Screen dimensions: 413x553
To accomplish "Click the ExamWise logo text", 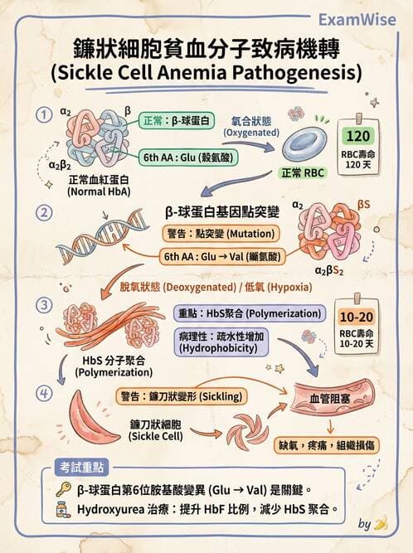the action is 357,19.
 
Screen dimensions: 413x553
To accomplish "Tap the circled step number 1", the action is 44,116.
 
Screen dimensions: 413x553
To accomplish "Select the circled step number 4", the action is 44,393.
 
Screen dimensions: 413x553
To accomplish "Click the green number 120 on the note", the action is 358,136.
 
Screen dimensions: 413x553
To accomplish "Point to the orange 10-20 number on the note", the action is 357,317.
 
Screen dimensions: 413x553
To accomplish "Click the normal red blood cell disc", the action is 304,143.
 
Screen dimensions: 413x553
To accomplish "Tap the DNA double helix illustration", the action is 102,236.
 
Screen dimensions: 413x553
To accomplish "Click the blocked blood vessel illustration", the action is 332,398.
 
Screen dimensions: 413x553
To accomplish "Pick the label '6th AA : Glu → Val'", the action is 222,256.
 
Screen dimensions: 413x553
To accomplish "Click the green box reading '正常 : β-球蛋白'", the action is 177,121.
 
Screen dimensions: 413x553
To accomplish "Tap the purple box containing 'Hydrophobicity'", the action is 221,342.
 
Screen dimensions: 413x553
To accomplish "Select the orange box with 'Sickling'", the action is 182,396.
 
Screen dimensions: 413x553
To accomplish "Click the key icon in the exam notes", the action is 65,489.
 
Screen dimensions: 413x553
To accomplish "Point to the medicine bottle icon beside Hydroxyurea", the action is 63,510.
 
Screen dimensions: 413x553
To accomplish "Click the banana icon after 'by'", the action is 381,522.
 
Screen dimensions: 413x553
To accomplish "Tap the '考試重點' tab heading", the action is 81,468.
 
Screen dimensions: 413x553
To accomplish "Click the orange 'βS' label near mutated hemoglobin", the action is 363,204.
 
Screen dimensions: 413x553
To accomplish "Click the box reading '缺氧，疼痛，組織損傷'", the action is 326,445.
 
